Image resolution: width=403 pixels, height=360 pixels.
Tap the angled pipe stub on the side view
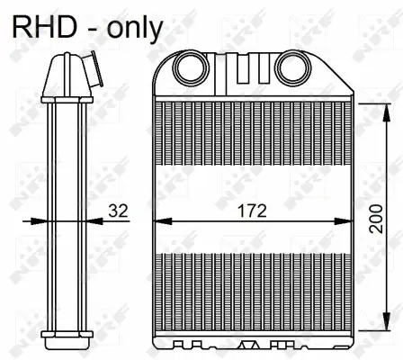(87, 68)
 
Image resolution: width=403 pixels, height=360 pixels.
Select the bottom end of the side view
(67, 339)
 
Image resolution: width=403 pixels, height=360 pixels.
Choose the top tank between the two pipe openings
(240, 72)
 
